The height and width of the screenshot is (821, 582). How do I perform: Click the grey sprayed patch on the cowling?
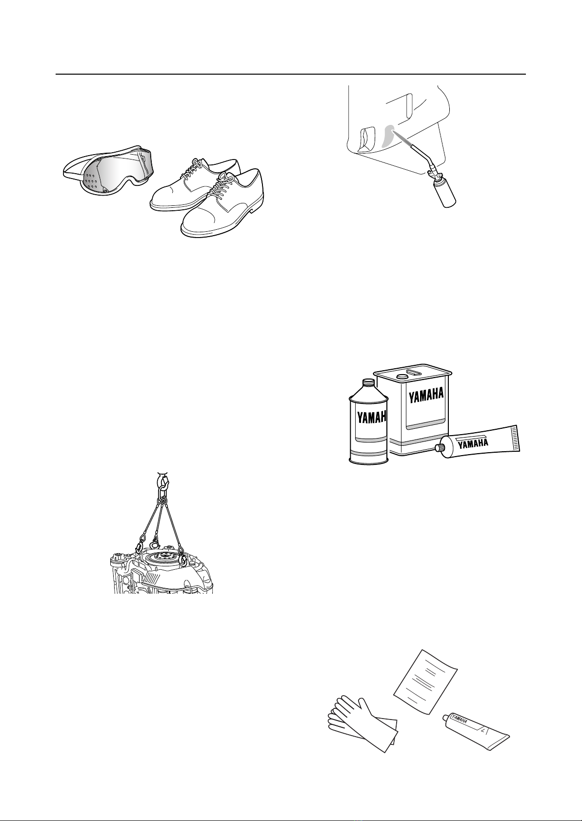[388, 136]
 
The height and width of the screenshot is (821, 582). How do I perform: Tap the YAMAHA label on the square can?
[426, 395]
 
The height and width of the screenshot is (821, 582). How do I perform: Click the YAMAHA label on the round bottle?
[372, 417]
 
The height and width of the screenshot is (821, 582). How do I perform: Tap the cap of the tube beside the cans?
[439, 447]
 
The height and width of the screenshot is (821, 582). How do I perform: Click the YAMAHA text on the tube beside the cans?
[473, 443]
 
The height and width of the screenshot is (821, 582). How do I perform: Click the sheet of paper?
[425, 681]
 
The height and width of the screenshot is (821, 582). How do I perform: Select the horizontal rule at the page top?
[291, 74]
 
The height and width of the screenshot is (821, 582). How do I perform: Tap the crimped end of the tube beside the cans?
[517, 438]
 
